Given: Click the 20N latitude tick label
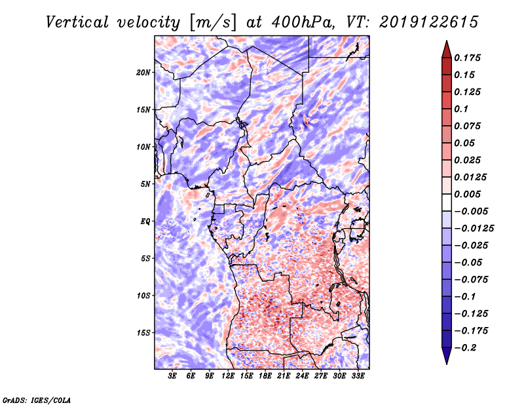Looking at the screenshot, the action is click(x=143, y=73).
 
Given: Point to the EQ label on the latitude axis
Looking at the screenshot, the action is click(x=145, y=222).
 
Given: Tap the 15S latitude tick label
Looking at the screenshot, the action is click(x=143, y=333).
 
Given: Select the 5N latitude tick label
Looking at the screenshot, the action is click(x=145, y=184).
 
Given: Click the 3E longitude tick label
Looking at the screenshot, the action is click(x=172, y=376).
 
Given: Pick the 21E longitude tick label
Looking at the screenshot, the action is click(x=284, y=376).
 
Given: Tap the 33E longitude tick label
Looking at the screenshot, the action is click(x=358, y=376).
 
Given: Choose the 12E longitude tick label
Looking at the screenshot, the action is click(x=228, y=376).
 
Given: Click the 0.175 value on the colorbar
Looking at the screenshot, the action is click(x=467, y=58).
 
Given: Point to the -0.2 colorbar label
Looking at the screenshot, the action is click(x=464, y=348).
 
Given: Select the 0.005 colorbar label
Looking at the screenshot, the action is click(x=467, y=194).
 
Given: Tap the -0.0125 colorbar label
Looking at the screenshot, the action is click(x=474, y=229).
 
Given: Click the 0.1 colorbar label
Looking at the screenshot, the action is click(x=461, y=109).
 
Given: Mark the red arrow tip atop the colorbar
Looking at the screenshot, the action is click(x=447, y=41).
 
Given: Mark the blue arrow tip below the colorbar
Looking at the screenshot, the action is click(x=447, y=364).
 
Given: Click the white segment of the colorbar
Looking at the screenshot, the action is click(x=447, y=202).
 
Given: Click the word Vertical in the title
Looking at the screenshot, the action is click(x=77, y=22).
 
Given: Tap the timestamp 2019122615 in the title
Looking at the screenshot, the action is click(x=429, y=22).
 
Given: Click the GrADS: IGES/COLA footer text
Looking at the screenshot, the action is click(x=37, y=400).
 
